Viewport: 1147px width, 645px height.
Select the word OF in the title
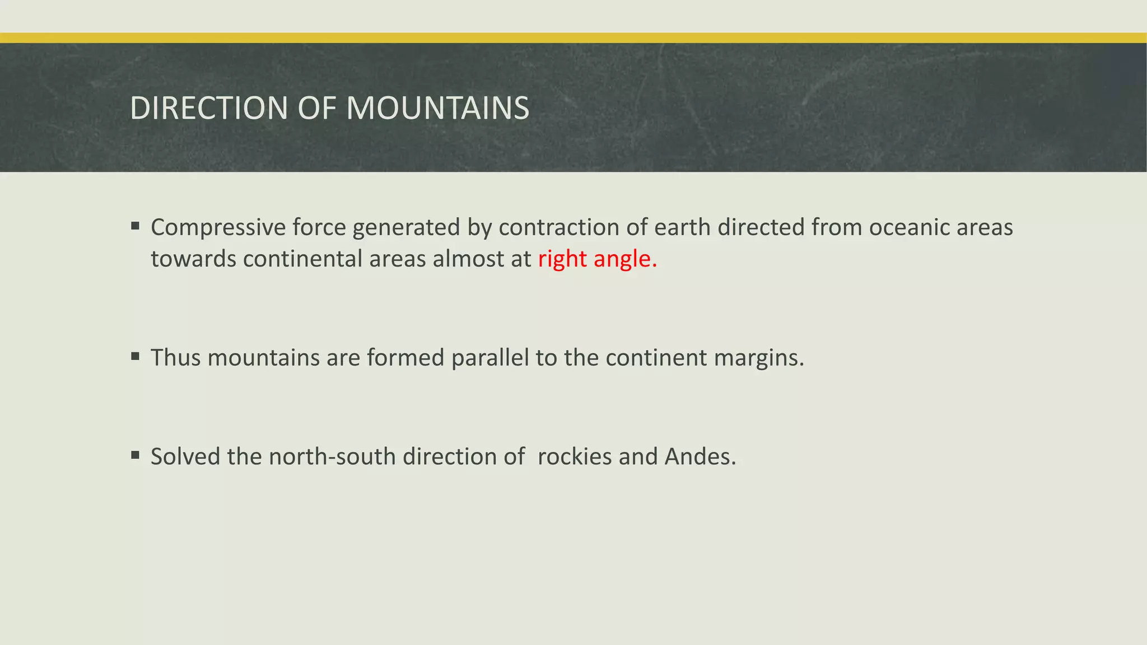(317, 108)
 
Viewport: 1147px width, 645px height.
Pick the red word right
(562, 259)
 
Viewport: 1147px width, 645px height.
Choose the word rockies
(575, 457)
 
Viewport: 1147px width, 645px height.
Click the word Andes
(700, 457)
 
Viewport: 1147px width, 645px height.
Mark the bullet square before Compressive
(135, 226)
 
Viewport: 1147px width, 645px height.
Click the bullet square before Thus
(135, 357)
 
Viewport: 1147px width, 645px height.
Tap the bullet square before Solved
(135, 455)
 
